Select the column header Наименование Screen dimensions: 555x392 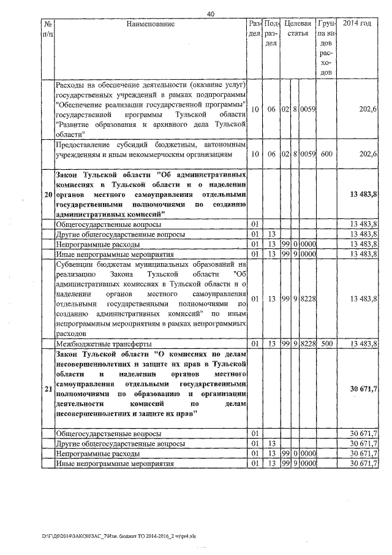coord(151,24)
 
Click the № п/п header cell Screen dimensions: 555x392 coord(48,28)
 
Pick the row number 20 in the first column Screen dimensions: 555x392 coord(48,194)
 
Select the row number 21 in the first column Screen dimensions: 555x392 coord(48,389)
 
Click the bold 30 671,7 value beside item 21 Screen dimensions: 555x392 coord(363,389)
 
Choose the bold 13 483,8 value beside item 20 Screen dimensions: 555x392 coord(363,194)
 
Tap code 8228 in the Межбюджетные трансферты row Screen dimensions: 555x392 coord(308,344)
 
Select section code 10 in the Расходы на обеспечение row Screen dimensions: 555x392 coord(255,109)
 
